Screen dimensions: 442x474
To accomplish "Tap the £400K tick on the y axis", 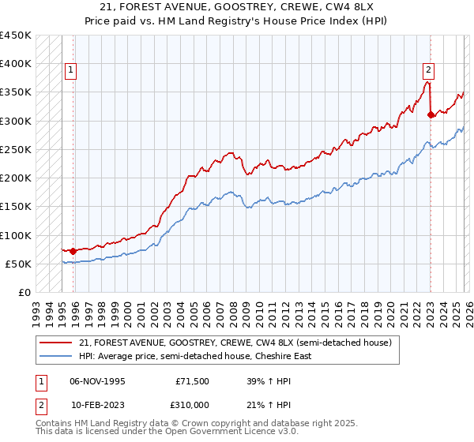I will [16, 64].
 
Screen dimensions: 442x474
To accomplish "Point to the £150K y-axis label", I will [16, 207].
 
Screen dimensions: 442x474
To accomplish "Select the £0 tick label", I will [24, 293].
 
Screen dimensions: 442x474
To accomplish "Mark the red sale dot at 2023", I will [431, 115].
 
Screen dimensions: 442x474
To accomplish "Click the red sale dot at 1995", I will [73, 251].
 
